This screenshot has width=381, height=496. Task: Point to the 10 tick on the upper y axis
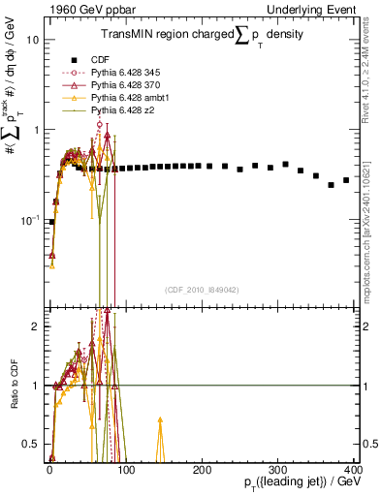[x=33, y=41]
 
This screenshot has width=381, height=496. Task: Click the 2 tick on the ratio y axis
[x=35, y=326]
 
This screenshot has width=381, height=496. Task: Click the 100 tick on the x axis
[x=124, y=470]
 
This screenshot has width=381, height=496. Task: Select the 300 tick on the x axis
[x=278, y=470]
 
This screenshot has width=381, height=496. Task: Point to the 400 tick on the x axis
[x=354, y=470]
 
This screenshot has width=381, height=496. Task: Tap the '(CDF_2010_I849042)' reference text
[x=203, y=290]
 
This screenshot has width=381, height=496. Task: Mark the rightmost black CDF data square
[x=346, y=180]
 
